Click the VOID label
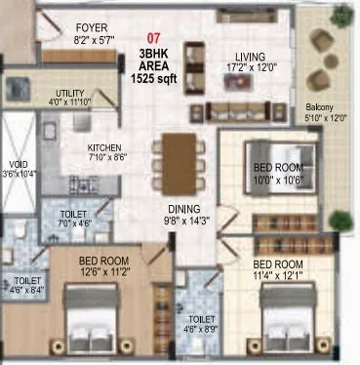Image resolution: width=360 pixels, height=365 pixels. coord(19,163)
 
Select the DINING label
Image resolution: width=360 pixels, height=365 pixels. coord(182,208)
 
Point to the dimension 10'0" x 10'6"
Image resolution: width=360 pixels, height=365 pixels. coord(266,181)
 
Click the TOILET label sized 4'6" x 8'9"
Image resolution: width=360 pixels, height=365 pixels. coord(202,318)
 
